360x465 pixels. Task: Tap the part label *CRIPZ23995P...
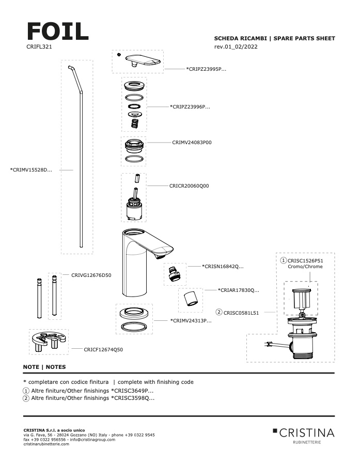click(206, 69)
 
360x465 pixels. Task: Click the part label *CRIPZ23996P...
click(190, 107)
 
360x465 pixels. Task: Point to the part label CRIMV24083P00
click(192, 142)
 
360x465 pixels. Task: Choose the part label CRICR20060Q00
click(189, 185)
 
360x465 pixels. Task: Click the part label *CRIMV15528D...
click(31, 169)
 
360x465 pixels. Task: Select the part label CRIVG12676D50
click(91, 275)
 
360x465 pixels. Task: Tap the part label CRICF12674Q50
click(103, 349)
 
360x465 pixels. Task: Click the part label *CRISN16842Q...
click(223, 267)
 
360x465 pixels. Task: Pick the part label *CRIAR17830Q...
click(238, 290)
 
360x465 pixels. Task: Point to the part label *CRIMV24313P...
click(191, 321)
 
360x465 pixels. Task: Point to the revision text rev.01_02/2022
click(236, 47)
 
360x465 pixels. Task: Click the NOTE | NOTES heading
click(44, 367)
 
